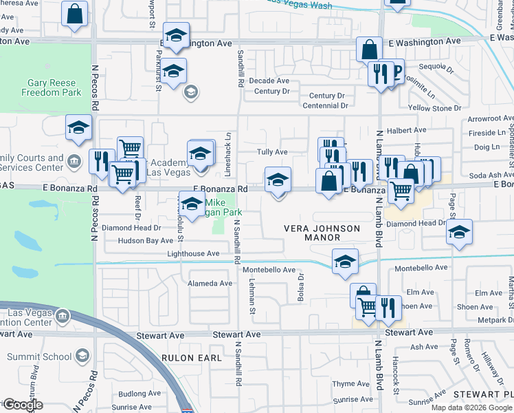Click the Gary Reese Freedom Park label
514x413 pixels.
(54, 87)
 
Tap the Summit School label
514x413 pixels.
(47, 357)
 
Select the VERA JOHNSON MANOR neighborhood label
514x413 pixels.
(322, 233)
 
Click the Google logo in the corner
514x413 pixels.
(23, 405)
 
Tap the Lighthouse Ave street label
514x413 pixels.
(193, 254)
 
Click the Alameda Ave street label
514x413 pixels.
(210, 284)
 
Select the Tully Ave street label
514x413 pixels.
(271, 152)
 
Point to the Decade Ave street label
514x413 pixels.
(269, 81)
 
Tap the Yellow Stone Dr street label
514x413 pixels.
(434, 109)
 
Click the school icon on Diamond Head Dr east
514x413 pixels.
(460, 232)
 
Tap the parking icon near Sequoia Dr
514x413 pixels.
(394, 71)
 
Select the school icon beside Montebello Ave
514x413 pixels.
(346, 262)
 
